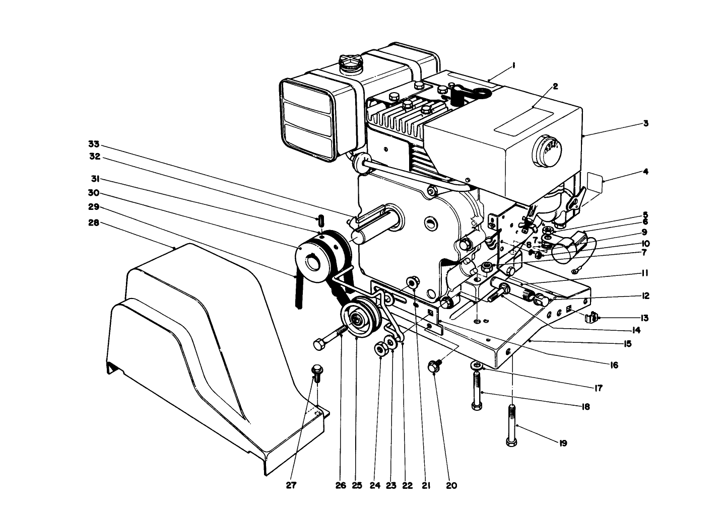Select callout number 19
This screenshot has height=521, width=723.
(x=563, y=443)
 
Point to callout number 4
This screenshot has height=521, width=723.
(x=645, y=172)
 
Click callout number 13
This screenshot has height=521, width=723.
(x=645, y=318)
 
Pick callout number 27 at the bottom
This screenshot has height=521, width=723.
(x=291, y=486)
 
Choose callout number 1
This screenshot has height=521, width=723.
(x=513, y=65)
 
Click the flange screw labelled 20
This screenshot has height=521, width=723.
(x=434, y=366)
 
